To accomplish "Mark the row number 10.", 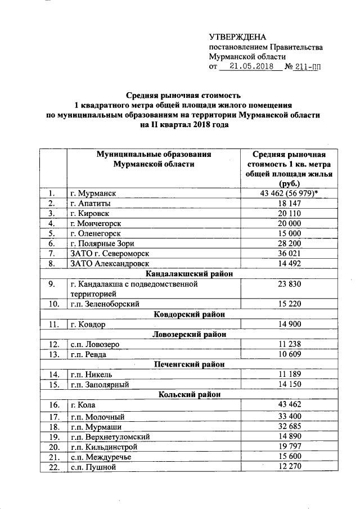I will click(x=53, y=304).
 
